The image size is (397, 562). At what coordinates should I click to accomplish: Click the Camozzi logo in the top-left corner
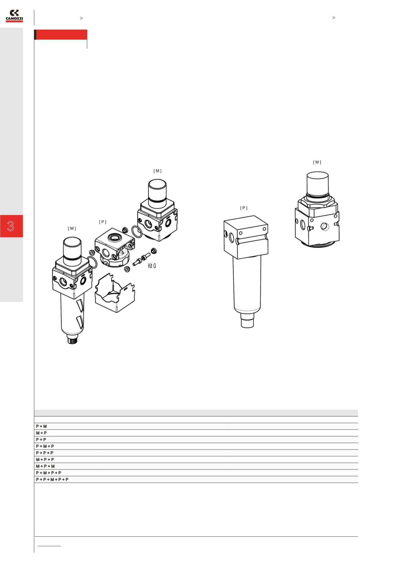click(14, 16)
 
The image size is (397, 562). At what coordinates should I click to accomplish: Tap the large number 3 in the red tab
click(11, 226)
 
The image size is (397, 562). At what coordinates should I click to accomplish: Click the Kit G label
click(152, 266)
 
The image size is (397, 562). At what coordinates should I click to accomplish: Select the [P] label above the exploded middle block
click(103, 222)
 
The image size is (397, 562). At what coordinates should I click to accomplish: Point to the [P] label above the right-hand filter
click(244, 208)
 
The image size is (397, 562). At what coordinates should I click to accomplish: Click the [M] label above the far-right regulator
click(317, 162)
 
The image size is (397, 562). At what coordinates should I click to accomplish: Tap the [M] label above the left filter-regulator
click(72, 229)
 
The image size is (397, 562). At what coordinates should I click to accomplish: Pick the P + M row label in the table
click(41, 426)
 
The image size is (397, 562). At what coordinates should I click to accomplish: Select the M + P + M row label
click(45, 466)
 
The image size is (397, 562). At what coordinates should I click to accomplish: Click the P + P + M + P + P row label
click(52, 480)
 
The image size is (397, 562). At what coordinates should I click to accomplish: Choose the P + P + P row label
click(45, 453)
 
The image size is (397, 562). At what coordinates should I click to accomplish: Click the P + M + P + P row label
click(49, 473)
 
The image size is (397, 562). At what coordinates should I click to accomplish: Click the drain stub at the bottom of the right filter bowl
click(247, 322)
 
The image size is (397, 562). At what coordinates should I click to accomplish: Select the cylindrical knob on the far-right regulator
click(318, 183)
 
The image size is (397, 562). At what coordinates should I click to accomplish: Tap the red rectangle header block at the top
click(61, 35)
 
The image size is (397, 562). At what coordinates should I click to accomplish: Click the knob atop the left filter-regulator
click(72, 249)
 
